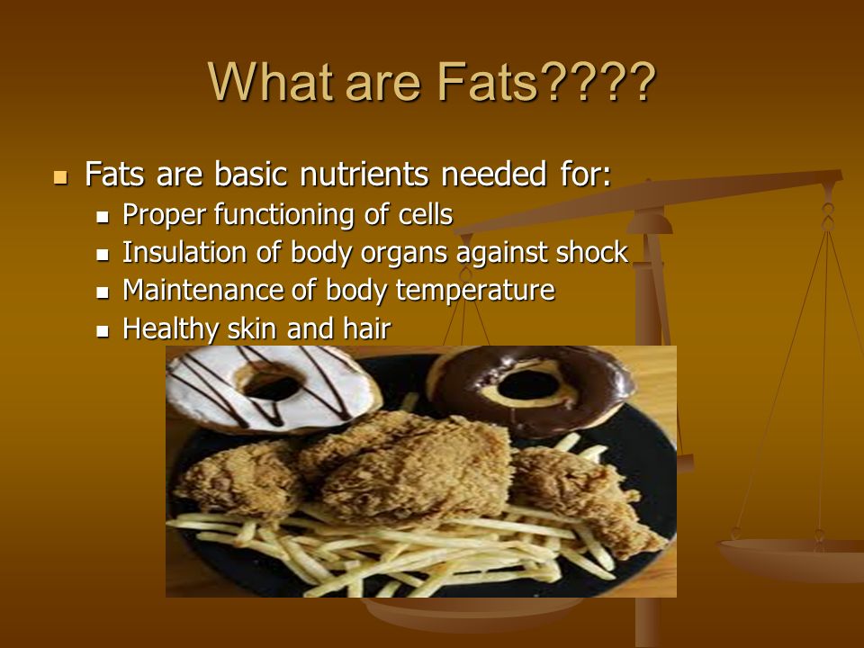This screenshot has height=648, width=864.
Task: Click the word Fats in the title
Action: [487, 82]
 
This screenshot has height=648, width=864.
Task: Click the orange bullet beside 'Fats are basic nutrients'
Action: [60, 177]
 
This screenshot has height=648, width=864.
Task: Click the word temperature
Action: [475, 291]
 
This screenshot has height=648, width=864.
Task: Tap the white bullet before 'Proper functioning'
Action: [103, 217]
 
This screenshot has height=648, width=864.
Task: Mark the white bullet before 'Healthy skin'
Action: [103, 331]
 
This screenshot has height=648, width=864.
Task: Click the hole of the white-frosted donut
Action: [271, 384]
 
